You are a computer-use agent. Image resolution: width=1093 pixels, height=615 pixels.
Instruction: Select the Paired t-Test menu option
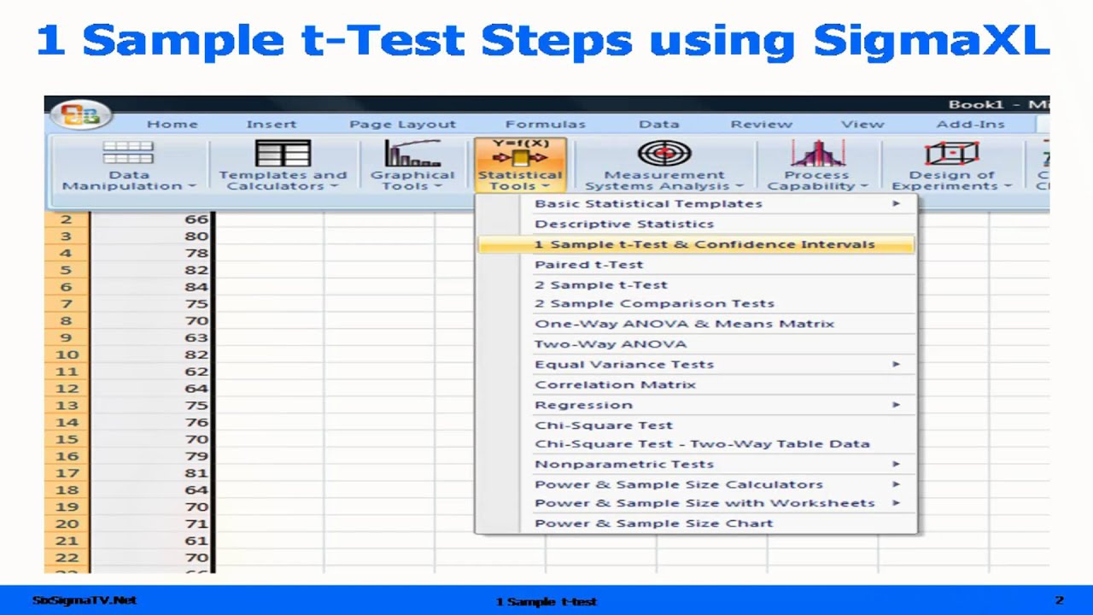[588, 265]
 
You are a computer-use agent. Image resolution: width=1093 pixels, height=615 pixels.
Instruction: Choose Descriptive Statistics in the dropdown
[623, 224]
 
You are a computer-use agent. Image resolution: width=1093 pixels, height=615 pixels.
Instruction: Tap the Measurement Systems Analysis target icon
[664, 155]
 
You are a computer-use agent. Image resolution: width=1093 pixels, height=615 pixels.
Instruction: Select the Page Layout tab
[402, 125]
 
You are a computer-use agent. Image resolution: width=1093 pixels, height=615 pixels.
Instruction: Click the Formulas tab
[545, 125]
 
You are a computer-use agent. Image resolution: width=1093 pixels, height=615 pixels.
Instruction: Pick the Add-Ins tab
[970, 125]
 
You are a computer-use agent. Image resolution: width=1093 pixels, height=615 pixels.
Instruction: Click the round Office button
[79, 115]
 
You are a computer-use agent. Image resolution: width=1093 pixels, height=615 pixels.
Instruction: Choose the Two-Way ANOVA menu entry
[610, 344]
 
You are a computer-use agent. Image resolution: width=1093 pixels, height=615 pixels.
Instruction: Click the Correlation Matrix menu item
[615, 384]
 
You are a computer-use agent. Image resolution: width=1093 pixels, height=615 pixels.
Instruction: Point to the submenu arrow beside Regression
[896, 405]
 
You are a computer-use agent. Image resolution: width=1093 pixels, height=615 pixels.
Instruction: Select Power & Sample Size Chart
[653, 524]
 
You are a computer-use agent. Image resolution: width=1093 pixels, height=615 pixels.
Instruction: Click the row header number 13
[67, 406]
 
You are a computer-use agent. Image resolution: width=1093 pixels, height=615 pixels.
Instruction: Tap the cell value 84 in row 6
[196, 287]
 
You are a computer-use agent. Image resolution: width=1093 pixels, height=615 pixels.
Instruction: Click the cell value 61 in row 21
[196, 541]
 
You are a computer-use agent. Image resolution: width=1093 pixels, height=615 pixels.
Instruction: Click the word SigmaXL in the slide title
[931, 41]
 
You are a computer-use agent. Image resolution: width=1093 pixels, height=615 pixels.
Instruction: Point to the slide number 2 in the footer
[1059, 600]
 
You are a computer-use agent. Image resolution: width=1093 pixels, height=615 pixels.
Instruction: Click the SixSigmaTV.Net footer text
[84, 600]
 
